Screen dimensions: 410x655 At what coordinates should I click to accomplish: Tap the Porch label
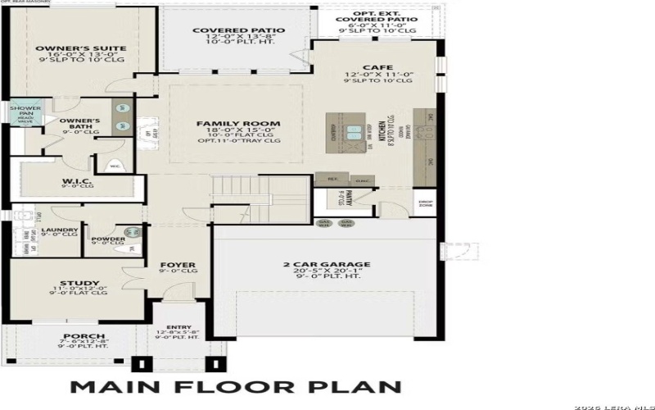click(84, 337)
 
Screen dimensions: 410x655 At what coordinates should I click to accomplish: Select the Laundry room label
click(60, 230)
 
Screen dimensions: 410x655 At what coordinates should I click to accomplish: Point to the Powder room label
click(108, 239)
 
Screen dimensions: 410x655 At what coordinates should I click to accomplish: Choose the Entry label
click(183, 327)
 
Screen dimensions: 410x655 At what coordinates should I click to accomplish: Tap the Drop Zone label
click(425, 203)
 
